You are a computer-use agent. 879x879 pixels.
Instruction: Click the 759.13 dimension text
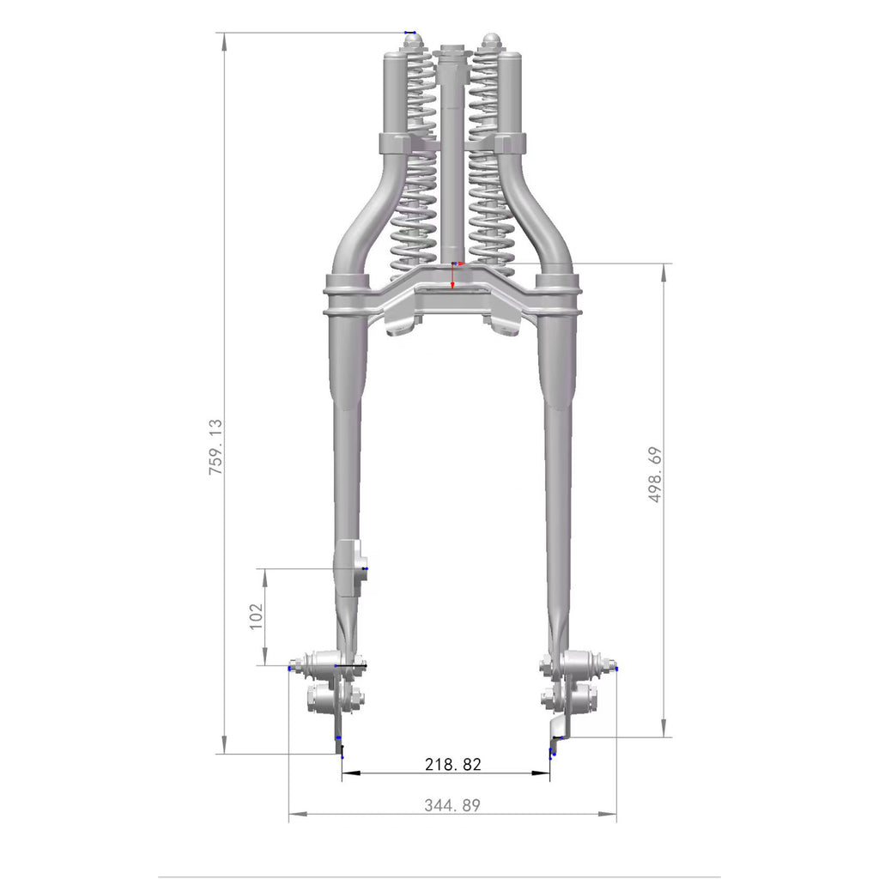tap(215, 447)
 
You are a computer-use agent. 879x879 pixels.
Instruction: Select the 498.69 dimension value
tap(655, 474)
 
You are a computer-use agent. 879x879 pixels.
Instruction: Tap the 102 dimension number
tap(256, 616)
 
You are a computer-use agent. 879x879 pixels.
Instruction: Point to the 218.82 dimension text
tap(453, 765)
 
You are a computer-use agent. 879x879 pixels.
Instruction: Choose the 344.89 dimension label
tap(452, 805)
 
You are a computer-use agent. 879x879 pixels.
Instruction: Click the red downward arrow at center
tap(453, 277)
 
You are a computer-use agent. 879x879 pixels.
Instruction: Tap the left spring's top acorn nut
tap(414, 41)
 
